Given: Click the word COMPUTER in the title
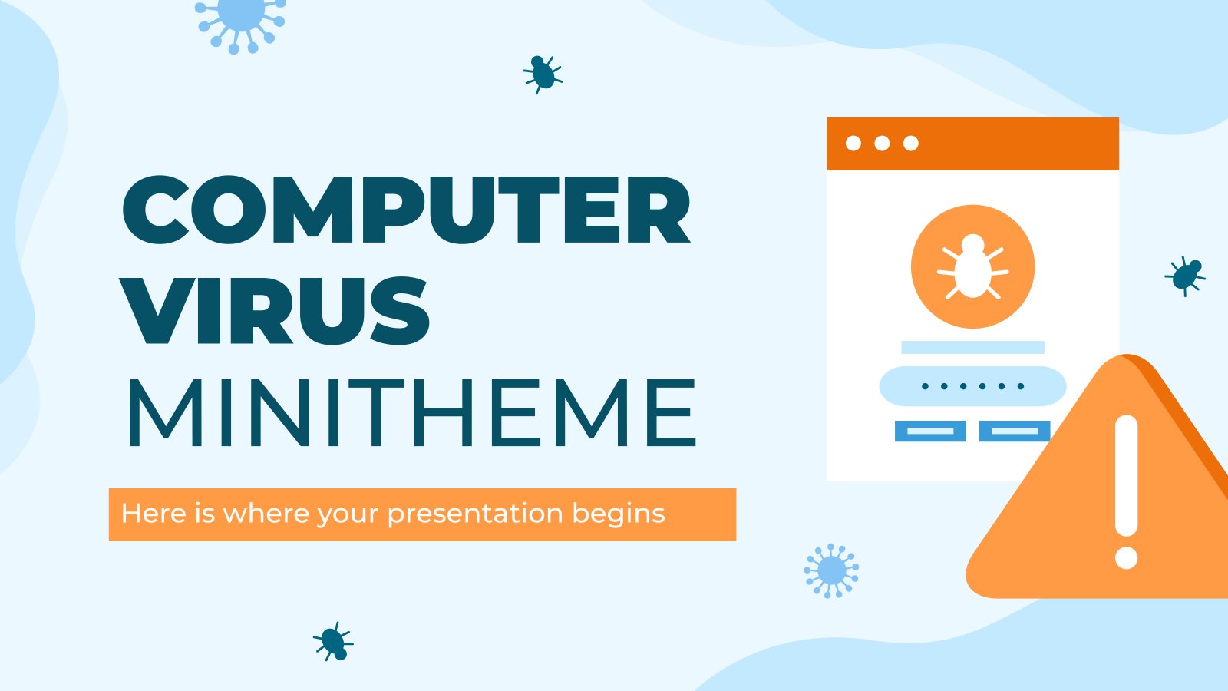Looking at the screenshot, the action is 406,210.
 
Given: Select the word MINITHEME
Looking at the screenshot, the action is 412,412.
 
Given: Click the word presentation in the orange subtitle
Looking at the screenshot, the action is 475,514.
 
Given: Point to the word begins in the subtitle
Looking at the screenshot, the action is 619,514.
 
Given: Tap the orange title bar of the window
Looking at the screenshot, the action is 972,144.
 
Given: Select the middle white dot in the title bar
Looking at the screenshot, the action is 882,143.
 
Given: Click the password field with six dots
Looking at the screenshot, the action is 972,386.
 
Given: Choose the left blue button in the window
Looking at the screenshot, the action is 930,431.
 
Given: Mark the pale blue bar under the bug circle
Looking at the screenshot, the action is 972,347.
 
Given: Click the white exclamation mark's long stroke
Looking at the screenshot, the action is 1127,475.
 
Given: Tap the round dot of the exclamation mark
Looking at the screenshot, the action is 1127,557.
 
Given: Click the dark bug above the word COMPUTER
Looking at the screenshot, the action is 543,74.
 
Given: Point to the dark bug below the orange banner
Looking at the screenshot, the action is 333,641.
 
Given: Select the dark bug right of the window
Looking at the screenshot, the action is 1185,276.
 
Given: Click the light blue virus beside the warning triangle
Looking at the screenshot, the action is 831,570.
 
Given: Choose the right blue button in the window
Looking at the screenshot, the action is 1015,431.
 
